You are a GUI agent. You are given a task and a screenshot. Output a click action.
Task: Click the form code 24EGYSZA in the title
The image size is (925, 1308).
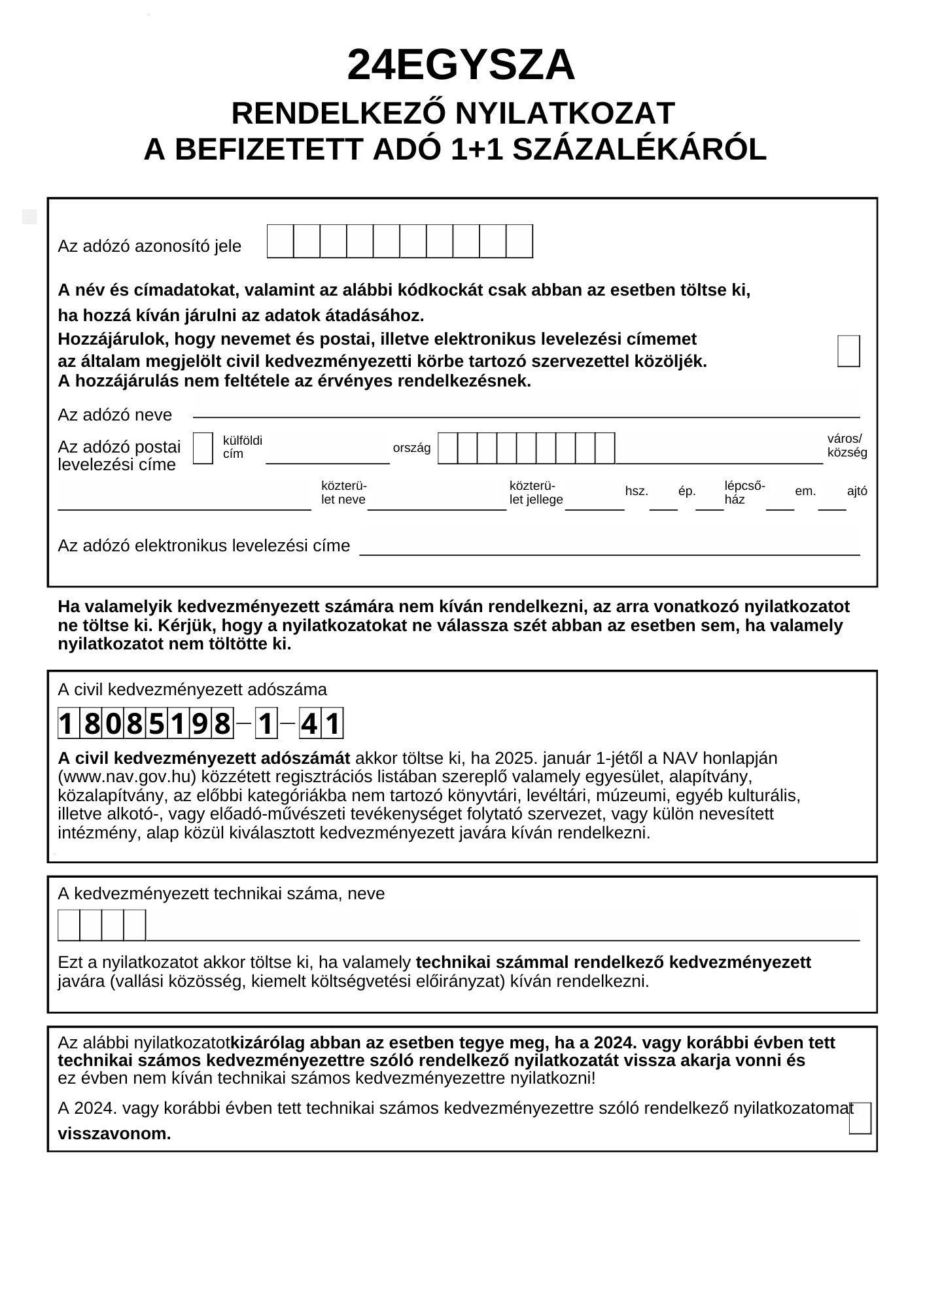click(x=461, y=65)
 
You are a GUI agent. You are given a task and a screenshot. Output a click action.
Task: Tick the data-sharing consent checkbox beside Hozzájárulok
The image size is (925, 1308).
click(x=848, y=351)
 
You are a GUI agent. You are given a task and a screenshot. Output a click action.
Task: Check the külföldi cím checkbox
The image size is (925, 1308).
click(x=203, y=449)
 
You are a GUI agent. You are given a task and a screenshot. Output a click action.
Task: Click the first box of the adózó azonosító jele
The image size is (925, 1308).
click(x=281, y=241)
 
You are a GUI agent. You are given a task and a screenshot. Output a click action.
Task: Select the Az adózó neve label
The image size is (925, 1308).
click(x=115, y=415)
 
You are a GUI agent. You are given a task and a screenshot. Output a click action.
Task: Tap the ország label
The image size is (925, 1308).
click(x=411, y=449)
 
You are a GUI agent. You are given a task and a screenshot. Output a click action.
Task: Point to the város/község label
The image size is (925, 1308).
click(x=846, y=445)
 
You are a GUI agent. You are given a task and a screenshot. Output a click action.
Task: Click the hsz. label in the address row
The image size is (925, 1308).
click(x=637, y=491)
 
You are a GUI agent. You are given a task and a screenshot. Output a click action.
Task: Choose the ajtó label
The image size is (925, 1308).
click(x=857, y=491)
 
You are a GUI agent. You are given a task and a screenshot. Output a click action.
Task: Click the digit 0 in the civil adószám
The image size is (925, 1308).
click(x=113, y=724)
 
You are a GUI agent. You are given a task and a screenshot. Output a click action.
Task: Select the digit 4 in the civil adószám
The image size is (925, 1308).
click(x=309, y=724)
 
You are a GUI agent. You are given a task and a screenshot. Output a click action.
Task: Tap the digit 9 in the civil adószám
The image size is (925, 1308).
click(x=200, y=724)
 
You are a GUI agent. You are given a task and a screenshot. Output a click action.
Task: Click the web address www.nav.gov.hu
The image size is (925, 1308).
click(x=127, y=777)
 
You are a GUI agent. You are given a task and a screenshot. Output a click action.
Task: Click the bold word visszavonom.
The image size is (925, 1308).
click(x=114, y=1134)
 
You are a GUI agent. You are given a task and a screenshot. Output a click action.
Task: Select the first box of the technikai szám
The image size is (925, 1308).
click(x=69, y=925)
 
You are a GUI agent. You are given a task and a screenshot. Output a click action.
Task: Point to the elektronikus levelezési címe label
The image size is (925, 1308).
click(x=204, y=546)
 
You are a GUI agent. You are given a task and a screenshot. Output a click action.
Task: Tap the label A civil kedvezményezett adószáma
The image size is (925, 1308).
click(x=192, y=690)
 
